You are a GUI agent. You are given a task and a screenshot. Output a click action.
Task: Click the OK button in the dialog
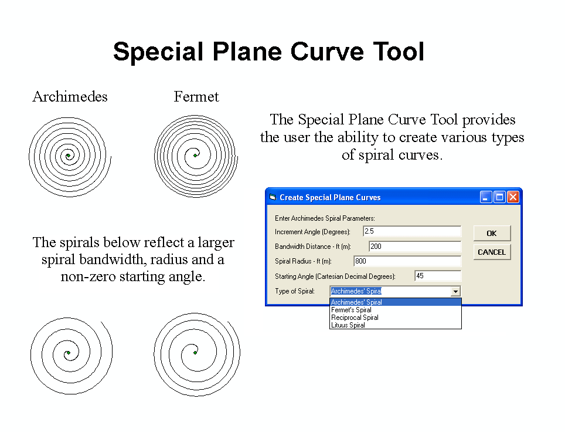[492, 233]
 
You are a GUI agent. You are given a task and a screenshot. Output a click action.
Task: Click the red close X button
[513, 197]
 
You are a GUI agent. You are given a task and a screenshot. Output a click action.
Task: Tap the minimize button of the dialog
[486, 197]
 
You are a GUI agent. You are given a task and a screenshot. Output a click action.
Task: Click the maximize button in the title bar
[499, 197]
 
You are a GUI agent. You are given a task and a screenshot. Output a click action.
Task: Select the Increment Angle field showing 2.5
[412, 231]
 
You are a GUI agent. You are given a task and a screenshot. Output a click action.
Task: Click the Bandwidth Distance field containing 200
[415, 247]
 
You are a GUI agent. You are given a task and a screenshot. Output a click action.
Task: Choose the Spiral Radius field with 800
[407, 261]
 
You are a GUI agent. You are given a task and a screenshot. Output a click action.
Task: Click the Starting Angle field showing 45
[438, 276]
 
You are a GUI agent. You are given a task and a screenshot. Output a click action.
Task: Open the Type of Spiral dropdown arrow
[455, 291]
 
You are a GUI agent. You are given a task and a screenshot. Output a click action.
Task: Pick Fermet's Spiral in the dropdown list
[351, 310]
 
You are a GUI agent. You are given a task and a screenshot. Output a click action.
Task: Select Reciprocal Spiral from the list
[355, 318]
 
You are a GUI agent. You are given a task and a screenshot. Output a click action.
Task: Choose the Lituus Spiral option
[348, 325]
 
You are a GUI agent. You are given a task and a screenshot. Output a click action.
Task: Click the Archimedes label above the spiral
[70, 97]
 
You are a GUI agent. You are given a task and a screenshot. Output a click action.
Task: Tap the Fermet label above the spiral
[196, 97]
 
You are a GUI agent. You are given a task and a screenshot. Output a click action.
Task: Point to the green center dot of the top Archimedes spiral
[68, 156]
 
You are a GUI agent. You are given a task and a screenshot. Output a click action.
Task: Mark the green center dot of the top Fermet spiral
[195, 156]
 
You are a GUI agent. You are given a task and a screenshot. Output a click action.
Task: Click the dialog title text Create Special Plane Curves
[330, 197]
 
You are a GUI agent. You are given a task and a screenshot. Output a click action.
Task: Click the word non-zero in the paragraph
[89, 276]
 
